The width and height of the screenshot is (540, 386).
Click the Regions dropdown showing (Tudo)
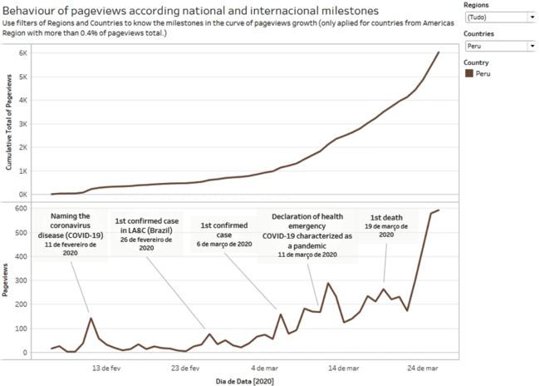tap(499, 17)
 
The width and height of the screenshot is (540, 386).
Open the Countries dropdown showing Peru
tap(499, 47)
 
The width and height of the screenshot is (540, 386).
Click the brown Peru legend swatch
tap(469, 74)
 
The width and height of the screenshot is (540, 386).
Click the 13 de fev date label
tap(106, 366)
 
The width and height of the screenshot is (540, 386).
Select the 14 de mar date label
tap(343, 366)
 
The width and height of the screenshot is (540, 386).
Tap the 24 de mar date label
tap(423, 366)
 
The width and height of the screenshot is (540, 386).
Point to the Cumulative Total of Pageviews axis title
tap(8, 121)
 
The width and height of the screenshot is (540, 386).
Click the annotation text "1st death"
tap(387, 216)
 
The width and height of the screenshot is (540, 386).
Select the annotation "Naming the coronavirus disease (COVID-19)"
tap(71, 225)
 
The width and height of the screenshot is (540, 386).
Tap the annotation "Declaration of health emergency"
tap(308, 220)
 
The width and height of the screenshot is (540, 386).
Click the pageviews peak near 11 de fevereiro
tap(91, 318)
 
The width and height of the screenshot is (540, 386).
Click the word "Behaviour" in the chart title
tap(31, 10)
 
